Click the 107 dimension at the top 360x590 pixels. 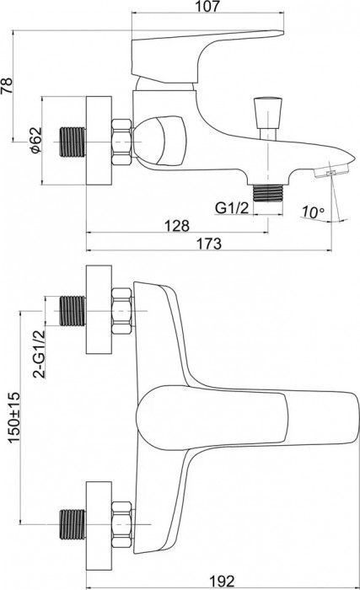tap(207, 6)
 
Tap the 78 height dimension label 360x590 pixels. tap(7, 86)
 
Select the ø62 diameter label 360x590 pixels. tap(35, 141)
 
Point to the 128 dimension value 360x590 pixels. tap(177, 225)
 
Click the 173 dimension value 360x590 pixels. tap(209, 244)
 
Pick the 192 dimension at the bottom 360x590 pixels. tap(222, 582)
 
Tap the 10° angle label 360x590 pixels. tap(312, 212)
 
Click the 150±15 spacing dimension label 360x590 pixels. tap(14, 418)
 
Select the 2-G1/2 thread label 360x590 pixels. tap(39, 353)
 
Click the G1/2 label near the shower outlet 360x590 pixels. tap(232, 207)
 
